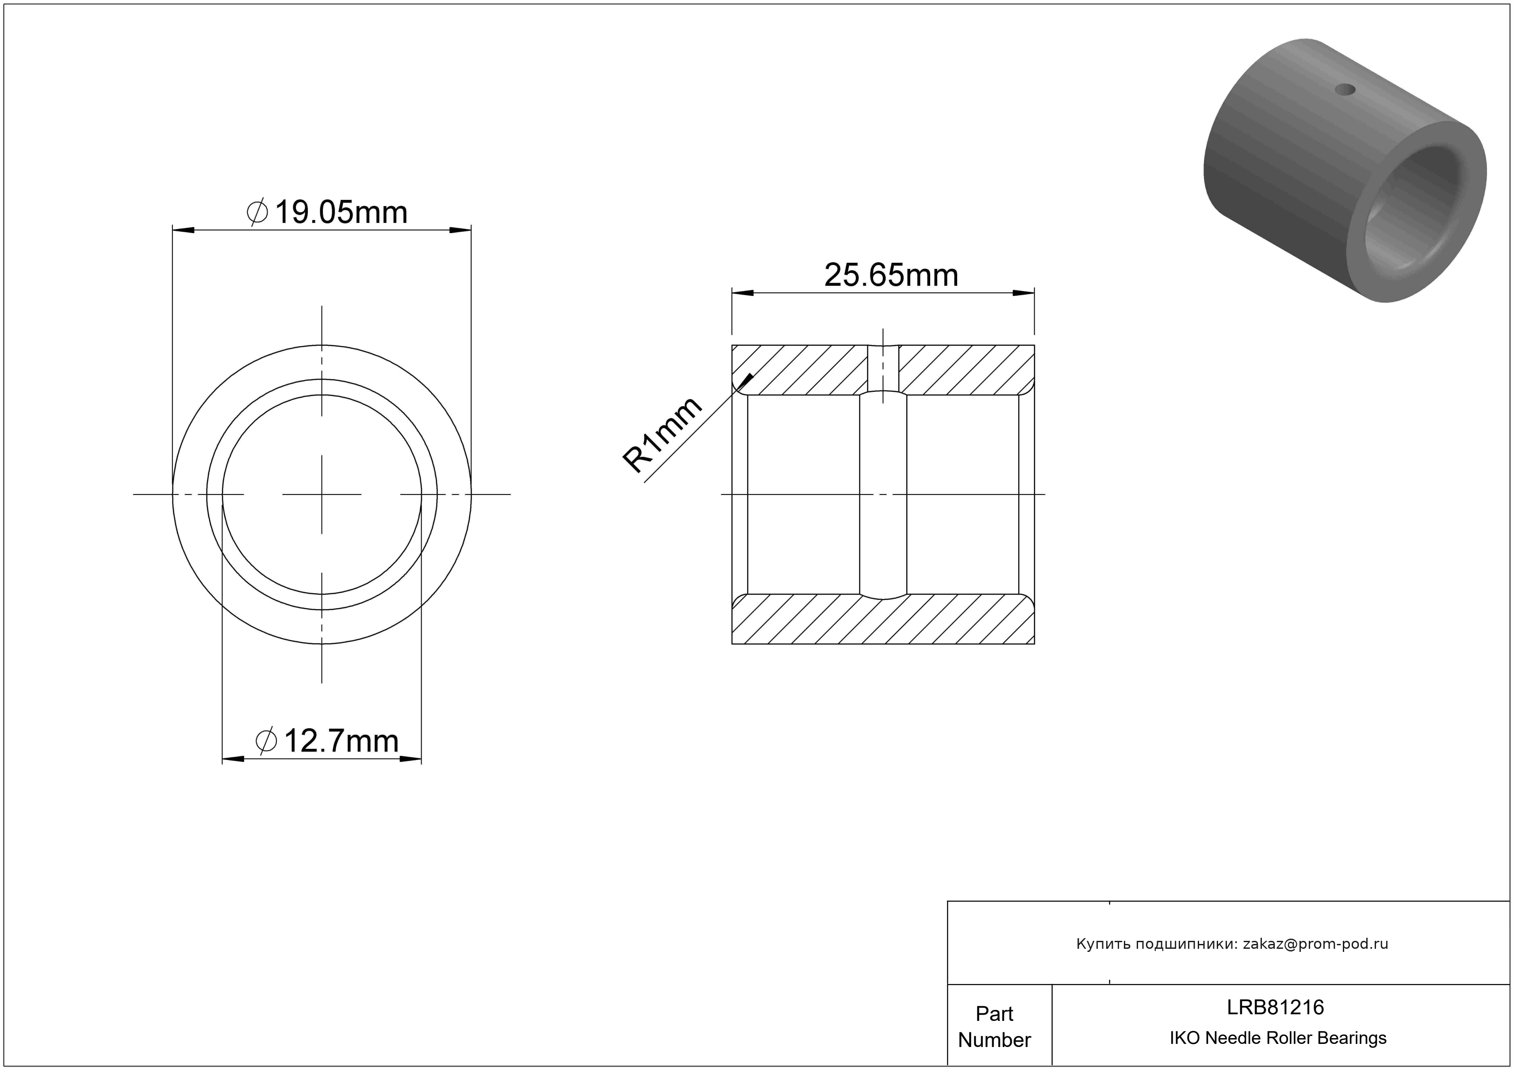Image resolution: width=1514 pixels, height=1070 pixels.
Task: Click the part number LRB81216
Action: click(x=1275, y=1007)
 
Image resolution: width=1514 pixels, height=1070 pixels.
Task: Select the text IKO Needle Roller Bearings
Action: click(x=1278, y=1038)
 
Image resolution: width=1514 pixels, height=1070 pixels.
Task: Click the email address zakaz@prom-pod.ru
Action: click(x=1315, y=943)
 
